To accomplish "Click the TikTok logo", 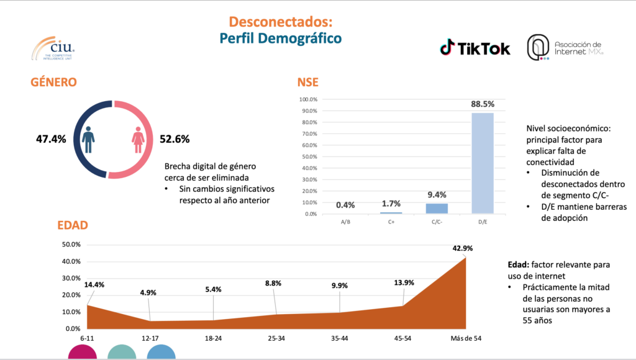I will pyautogui.click(x=475, y=48).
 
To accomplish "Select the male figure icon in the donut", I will pyautogui.click(x=89, y=140).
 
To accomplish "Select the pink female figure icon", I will pyautogui.click(x=137, y=140).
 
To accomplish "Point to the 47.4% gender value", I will pyautogui.click(x=50, y=139).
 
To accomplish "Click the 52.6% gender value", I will pyautogui.click(x=175, y=139).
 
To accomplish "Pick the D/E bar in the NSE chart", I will pyautogui.click(x=483, y=163).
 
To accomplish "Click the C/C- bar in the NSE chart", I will pyautogui.click(x=436, y=208).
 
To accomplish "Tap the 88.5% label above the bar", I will pyautogui.click(x=483, y=105).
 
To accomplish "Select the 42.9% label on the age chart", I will pyautogui.click(x=462, y=248).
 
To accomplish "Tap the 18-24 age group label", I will pyautogui.click(x=214, y=338).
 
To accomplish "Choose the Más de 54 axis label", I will pyautogui.click(x=466, y=338).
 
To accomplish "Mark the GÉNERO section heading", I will pyautogui.click(x=54, y=82).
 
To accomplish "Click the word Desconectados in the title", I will pyautogui.click(x=280, y=22).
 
